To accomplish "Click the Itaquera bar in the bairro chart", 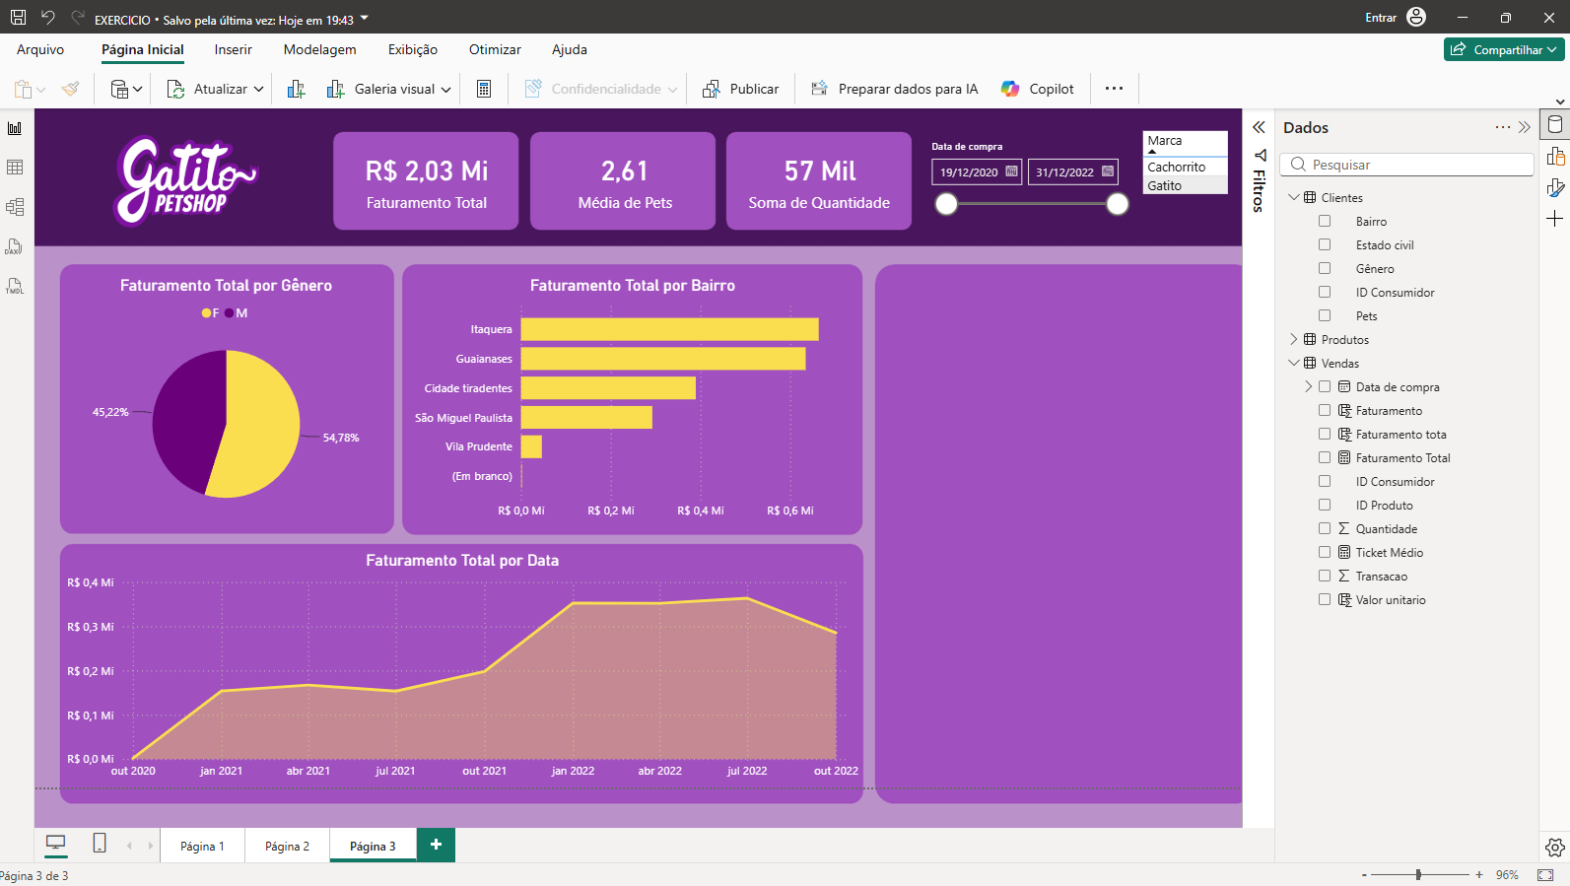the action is (669, 329).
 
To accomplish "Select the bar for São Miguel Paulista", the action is (586, 418).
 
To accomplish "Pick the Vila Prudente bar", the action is (531, 446).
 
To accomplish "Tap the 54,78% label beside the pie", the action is (341, 439).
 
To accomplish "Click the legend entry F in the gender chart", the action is (210, 313).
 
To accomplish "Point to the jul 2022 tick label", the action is (747, 771).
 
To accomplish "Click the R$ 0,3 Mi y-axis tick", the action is (91, 627).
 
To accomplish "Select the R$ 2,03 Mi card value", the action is (426, 171).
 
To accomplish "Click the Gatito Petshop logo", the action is (185, 180).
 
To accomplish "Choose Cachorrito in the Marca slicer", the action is (1176, 167).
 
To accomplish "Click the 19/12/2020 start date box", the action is (977, 171).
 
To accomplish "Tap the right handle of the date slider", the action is (1118, 204).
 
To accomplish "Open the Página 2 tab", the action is (287, 846).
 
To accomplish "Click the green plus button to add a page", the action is (436, 846).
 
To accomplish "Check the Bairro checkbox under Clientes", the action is (1324, 221).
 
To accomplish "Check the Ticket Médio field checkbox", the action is (1324, 552).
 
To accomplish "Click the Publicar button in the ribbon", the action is (741, 89).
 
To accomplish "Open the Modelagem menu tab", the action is (319, 49).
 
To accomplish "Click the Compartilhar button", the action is (1504, 49).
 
